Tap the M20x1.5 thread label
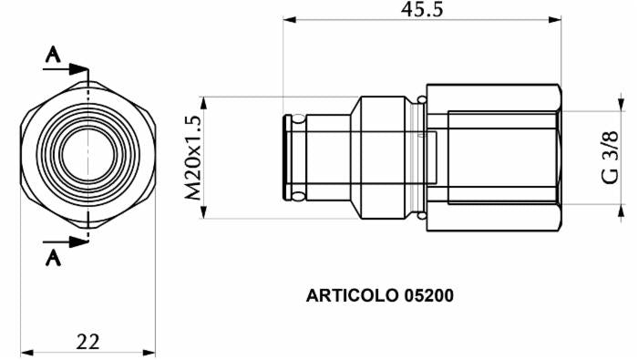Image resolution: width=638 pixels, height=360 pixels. coord(192,158)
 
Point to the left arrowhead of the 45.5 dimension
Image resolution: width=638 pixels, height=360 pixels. coord(289,19)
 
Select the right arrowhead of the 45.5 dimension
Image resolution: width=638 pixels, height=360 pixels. coord(558,19)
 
